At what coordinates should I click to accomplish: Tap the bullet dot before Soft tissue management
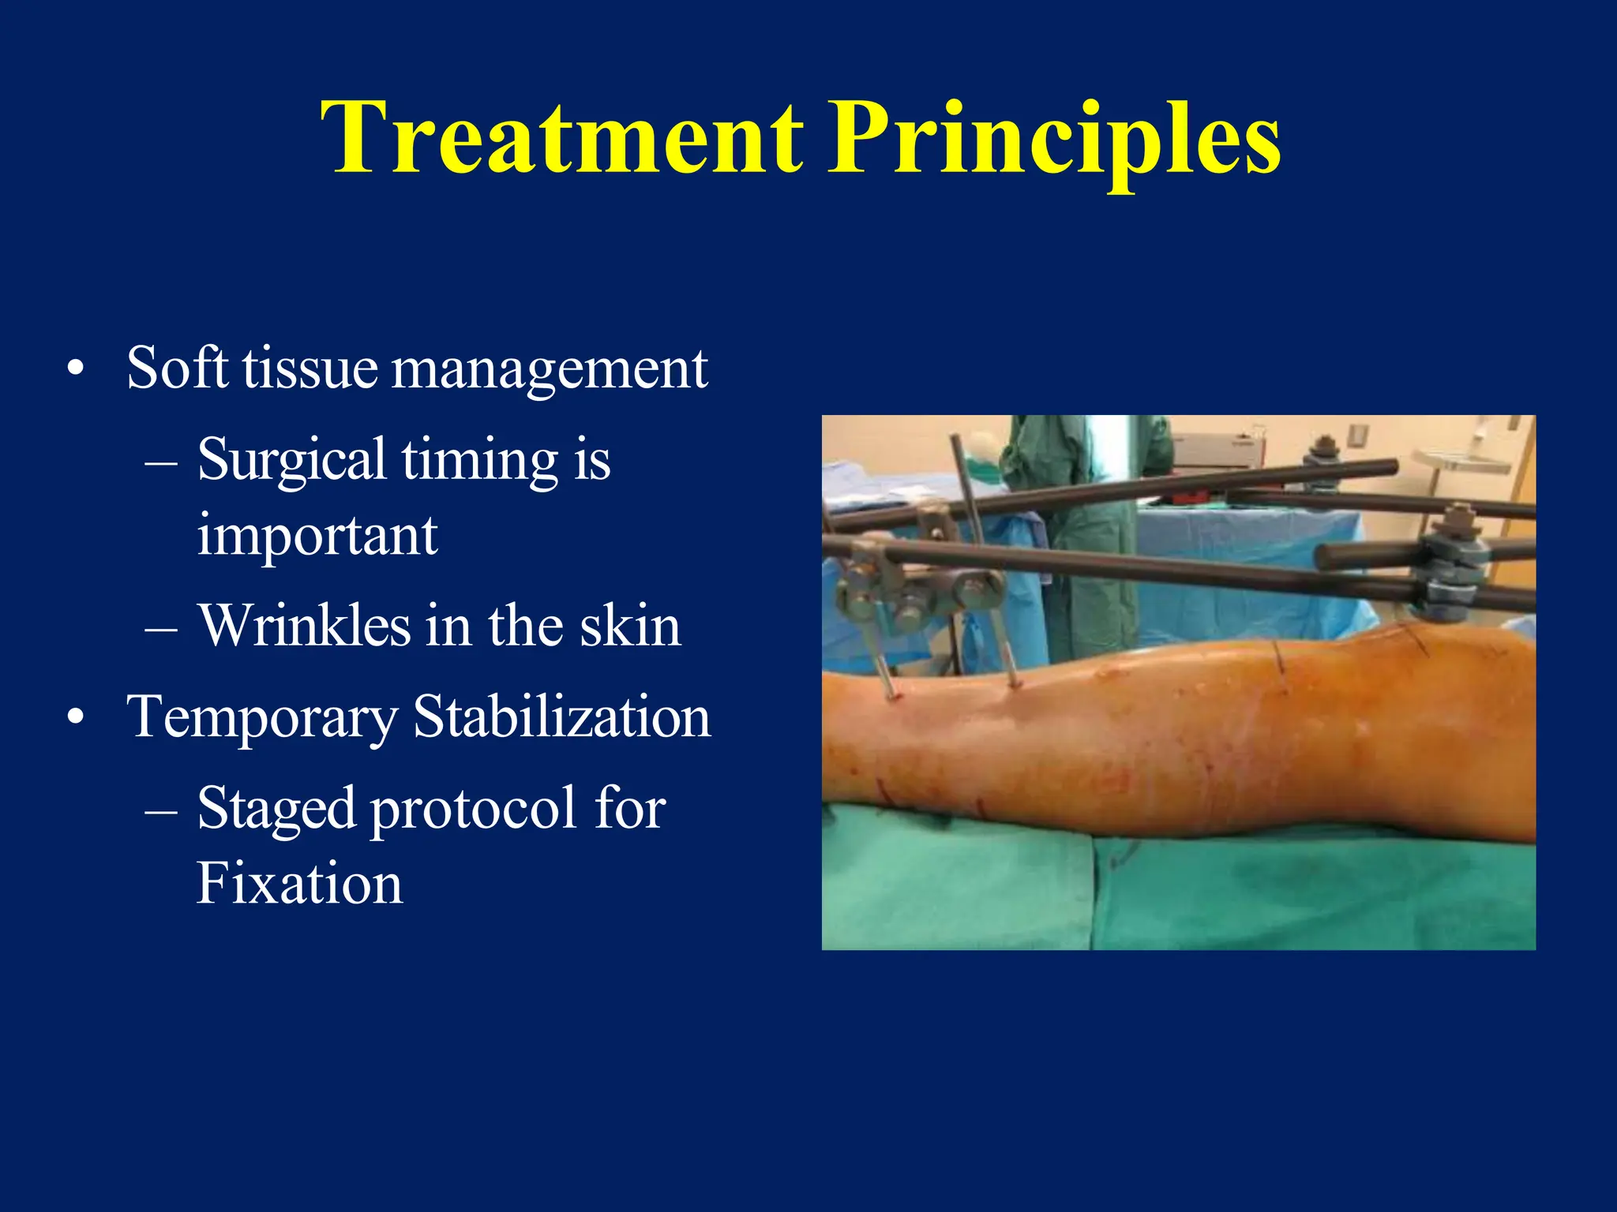76,368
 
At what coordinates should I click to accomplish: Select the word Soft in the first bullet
178,368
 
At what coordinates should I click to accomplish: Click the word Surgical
291,459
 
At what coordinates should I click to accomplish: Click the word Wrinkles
304,625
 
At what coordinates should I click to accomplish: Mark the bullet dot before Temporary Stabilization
76,717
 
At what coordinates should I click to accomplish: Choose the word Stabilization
561,716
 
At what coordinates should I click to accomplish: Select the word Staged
276,809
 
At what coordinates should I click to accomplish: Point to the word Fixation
299,883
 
